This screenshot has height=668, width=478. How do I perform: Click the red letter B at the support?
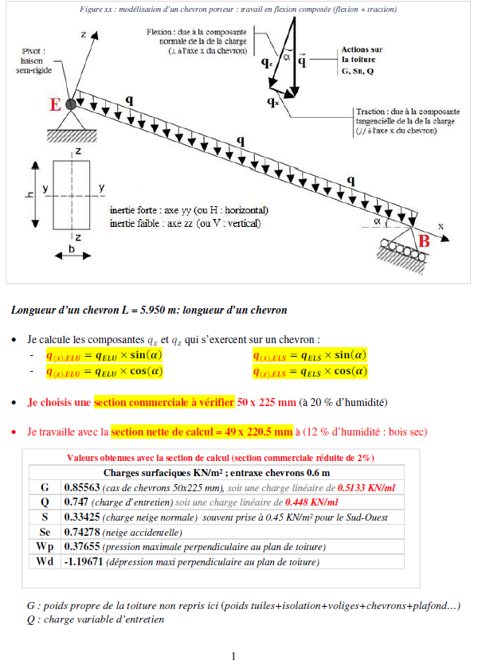click(425, 240)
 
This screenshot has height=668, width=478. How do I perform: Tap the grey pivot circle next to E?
click(71, 104)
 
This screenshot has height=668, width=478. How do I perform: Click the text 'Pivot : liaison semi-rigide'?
click(33, 60)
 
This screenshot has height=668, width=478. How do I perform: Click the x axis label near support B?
click(440, 226)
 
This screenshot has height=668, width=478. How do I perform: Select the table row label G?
click(44, 487)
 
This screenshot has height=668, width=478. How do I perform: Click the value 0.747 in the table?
click(75, 502)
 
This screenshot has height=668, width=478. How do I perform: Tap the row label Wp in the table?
click(44, 547)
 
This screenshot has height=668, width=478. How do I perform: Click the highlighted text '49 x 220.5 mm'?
click(249, 432)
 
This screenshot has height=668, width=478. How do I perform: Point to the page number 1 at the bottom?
click(233, 656)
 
